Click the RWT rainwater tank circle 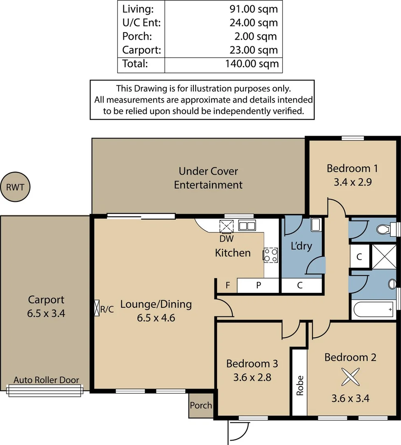pos(15,187)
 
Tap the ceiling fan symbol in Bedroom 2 pos(350,377)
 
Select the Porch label pos(201,405)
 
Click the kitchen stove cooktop pos(270,255)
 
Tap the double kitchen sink pos(247,225)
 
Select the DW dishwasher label pos(227,238)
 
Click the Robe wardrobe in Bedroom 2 pos(299,385)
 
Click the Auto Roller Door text pos(46,380)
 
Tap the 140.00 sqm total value pos(252,64)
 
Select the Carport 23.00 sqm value pos(254,50)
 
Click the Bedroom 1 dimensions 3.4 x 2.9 pos(352,182)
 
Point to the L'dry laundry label pos(301,246)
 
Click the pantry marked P pos(259,285)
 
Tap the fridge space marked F pos(227,285)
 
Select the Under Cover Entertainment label pos(208,178)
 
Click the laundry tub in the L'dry pos(317,225)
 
